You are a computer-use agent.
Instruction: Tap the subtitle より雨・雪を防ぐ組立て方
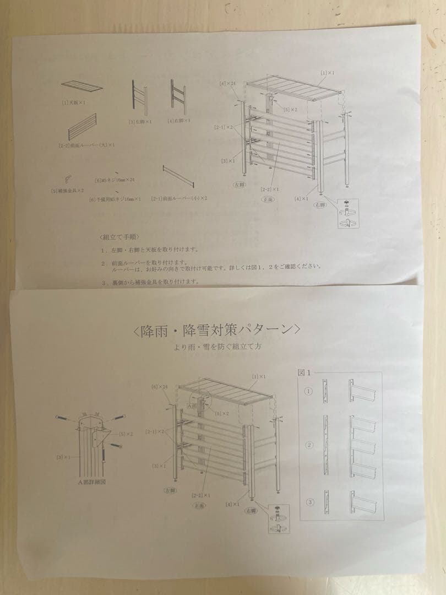pos(217,348)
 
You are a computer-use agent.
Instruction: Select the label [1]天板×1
pos(74,102)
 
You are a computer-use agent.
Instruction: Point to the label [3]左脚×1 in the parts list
pos(140,121)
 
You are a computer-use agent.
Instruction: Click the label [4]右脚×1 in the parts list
pos(179,120)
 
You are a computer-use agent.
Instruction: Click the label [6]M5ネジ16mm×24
pos(115,180)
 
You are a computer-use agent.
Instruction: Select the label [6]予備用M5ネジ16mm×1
pos(115,199)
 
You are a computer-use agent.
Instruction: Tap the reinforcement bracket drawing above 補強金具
pos(67,178)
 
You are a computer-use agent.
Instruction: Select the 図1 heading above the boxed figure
pos(304,372)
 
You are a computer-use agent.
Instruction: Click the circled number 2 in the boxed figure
pos(309,445)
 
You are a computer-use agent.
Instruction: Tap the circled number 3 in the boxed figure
pos(309,502)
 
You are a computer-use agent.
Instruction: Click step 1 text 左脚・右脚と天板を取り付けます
pos(150,250)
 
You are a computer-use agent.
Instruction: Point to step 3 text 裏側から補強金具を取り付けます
pos(150,282)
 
